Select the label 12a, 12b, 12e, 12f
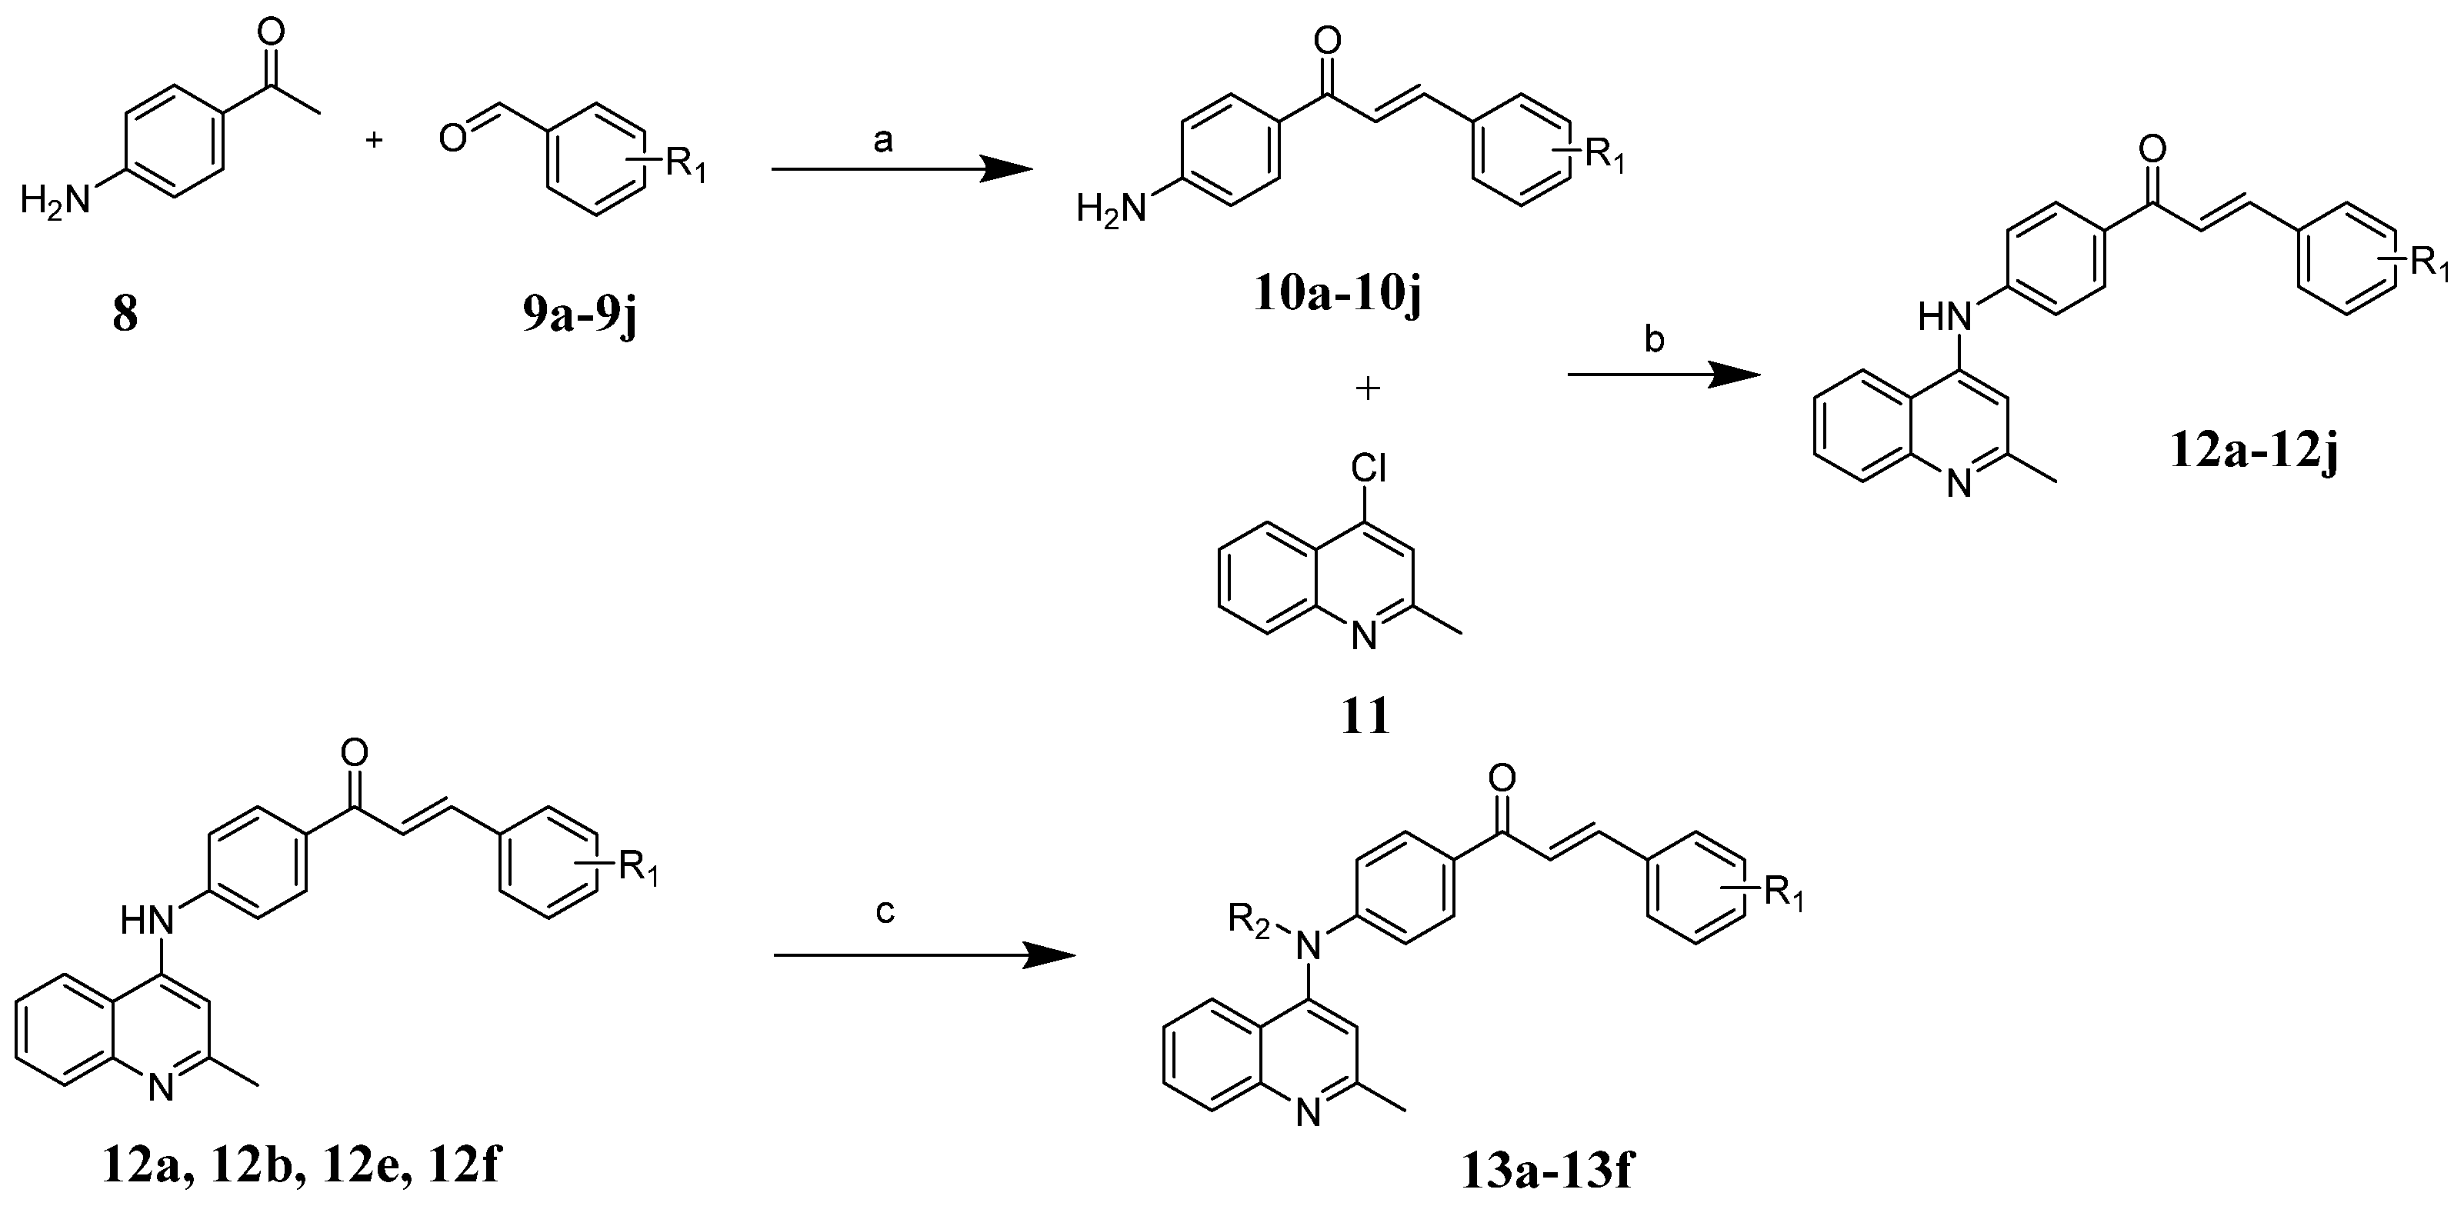click(302, 1167)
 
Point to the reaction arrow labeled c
click(924, 954)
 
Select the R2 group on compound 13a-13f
click(1249, 924)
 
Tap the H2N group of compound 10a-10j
click(1111, 208)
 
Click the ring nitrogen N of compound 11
click(1366, 636)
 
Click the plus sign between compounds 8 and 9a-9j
click(375, 141)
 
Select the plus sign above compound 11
click(1368, 388)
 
